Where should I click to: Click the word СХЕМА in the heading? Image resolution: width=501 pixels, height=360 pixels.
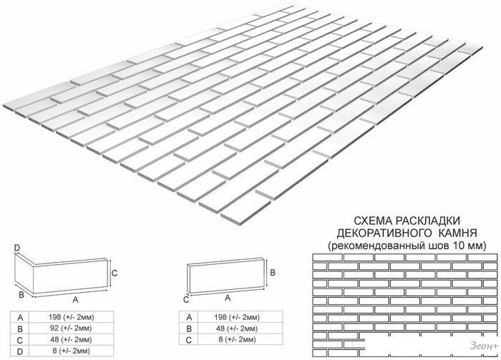(373, 221)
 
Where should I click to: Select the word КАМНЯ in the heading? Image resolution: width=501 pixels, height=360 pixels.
(458, 233)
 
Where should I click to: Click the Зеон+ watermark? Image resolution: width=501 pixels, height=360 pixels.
(483, 346)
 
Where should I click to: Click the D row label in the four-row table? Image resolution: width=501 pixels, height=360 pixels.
(20, 351)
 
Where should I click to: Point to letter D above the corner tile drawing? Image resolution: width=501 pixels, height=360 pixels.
(17, 248)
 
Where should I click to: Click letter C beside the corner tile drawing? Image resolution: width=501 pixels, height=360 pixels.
(115, 273)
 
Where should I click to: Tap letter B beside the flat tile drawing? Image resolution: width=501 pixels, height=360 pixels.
(273, 273)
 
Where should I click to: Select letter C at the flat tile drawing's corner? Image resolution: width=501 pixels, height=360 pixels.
(186, 300)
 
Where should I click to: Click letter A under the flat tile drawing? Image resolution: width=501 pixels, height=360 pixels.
(228, 298)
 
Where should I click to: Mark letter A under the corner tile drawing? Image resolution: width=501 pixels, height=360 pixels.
(75, 299)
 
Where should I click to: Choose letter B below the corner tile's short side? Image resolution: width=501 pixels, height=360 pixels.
(21, 295)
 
